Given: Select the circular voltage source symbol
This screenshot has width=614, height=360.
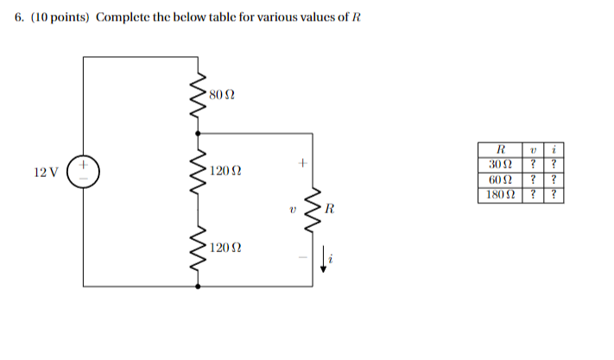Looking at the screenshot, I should coord(85,171).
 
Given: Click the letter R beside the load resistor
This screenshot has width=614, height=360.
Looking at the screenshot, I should coord(330,209).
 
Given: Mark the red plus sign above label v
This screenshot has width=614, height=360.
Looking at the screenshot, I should coord(302,161).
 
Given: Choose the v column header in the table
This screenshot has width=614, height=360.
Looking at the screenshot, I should coord(535,150).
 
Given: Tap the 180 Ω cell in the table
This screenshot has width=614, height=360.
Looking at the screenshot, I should coord(500,194).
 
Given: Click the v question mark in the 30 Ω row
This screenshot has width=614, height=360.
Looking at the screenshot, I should coord(535,165).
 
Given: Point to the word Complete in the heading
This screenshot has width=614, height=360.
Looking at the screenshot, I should coord(126,19).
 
